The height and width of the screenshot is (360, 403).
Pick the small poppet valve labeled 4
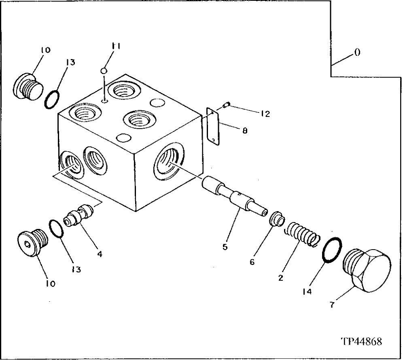pyautogui.click(x=79, y=215)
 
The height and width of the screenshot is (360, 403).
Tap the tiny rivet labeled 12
pyautogui.click(x=227, y=106)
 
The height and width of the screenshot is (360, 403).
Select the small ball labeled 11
pyautogui.click(x=104, y=71)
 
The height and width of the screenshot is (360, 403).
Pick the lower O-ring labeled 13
pyautogui.click(x=56, y=229)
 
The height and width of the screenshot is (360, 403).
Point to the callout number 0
pyautogui.click(x=357, y=53)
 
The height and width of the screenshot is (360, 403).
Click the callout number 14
pyautogui.click(x=307, y=291)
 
